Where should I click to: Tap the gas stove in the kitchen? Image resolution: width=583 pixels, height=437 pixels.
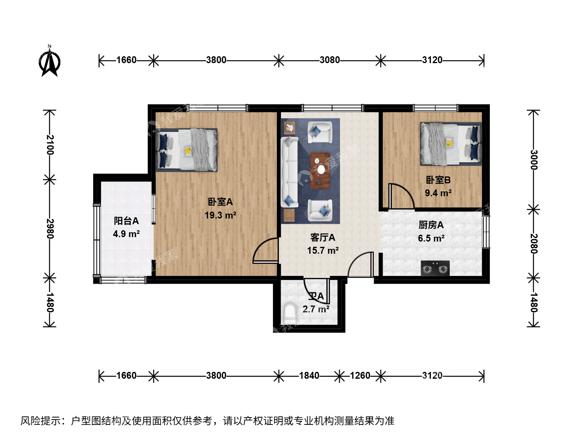pos(435,268)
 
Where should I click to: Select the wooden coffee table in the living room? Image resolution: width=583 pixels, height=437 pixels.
pos(320,171)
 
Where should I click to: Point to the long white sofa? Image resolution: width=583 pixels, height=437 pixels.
pos(289,172)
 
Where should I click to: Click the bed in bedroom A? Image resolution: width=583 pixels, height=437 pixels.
pos(187,150)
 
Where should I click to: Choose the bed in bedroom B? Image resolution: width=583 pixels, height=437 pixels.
pos(451,144)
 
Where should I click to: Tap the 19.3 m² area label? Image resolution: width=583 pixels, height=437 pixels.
pos(220,215)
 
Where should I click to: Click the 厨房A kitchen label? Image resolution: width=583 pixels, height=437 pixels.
pos(431,225)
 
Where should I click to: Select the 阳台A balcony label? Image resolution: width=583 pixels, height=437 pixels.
pos(126,221)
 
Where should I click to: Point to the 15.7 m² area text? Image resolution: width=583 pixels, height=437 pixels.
pos(323,250)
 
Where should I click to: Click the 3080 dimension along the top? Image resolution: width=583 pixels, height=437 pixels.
pos(330,60)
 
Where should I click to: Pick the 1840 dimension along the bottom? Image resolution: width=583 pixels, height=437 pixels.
pos(309,375)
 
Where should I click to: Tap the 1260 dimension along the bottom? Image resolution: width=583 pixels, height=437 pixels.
pos(360,375)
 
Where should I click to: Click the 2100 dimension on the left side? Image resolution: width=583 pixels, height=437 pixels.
pos(50,144)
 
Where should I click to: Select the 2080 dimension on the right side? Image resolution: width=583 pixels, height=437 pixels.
pos(534,244)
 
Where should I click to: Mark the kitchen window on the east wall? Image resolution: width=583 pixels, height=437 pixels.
pos(486,232)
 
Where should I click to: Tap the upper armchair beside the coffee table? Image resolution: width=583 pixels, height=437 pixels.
pos(320,132)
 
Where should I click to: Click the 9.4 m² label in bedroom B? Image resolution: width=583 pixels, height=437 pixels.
pos(438,193)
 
